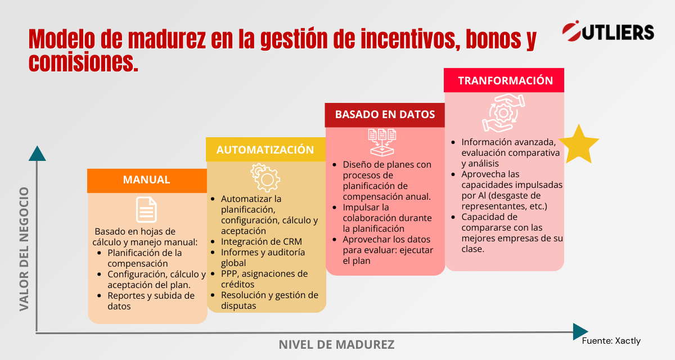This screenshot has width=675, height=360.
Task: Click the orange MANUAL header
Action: (147, 180)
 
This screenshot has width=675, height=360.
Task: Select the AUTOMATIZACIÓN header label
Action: (265, 150)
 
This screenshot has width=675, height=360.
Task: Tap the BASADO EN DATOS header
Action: (385, 114)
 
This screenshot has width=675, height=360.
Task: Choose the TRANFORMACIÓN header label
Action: (505, 80)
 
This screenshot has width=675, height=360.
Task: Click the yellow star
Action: (578, 145)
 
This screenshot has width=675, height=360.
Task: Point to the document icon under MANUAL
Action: (147, 209)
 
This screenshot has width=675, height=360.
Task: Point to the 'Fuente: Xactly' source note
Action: (611, 341)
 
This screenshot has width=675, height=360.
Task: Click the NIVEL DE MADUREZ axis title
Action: (336, 344)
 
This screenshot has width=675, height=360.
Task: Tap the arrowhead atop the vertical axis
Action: (37, 153)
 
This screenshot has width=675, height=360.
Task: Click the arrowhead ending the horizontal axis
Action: (580, 331)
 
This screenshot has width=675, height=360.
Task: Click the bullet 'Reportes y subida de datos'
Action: (151, 301)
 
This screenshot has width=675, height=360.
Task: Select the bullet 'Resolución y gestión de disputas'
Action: (269, 300)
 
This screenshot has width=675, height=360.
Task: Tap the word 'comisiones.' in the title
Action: (83, 61)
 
